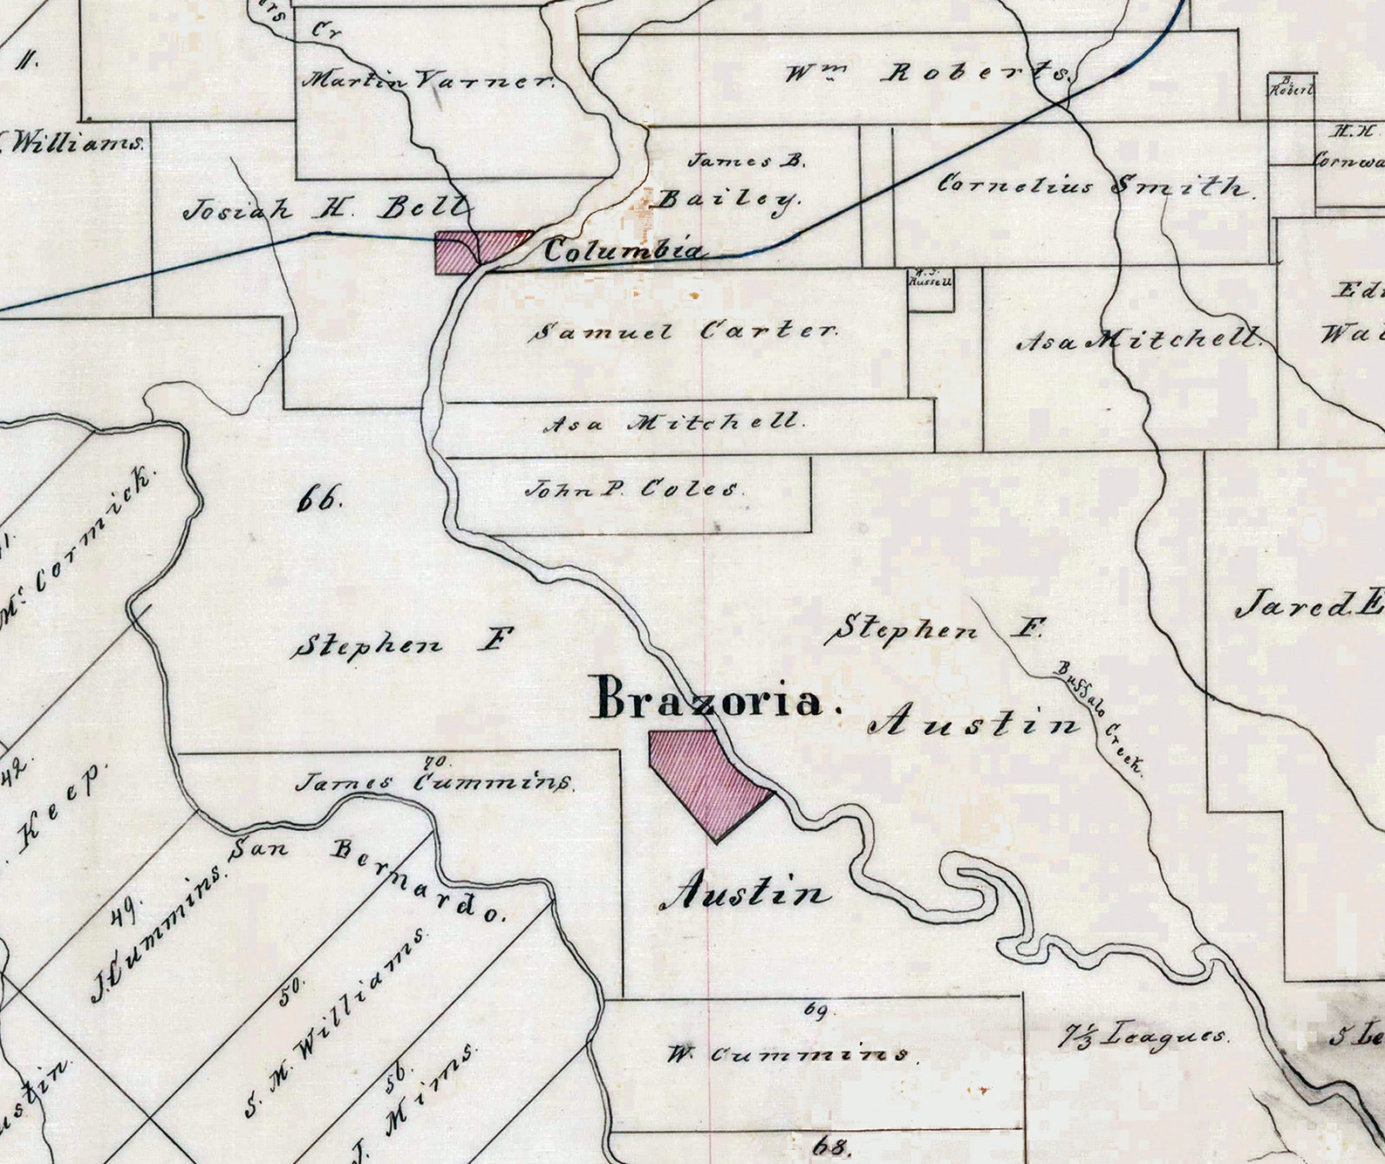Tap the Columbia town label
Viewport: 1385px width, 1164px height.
pos(623,251)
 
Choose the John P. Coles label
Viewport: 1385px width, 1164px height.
pos(634,489)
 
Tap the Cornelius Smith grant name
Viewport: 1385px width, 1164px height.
pos(1095,185)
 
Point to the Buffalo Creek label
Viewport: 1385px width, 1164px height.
pos(1101,717)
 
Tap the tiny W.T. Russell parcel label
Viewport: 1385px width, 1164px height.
pos(931,278)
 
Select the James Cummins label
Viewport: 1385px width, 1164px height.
pos(433,781)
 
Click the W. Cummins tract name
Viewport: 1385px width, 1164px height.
pos(788,1054)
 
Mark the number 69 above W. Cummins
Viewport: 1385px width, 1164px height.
pos(815,1010)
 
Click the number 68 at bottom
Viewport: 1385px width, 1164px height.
pos(829,1144)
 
